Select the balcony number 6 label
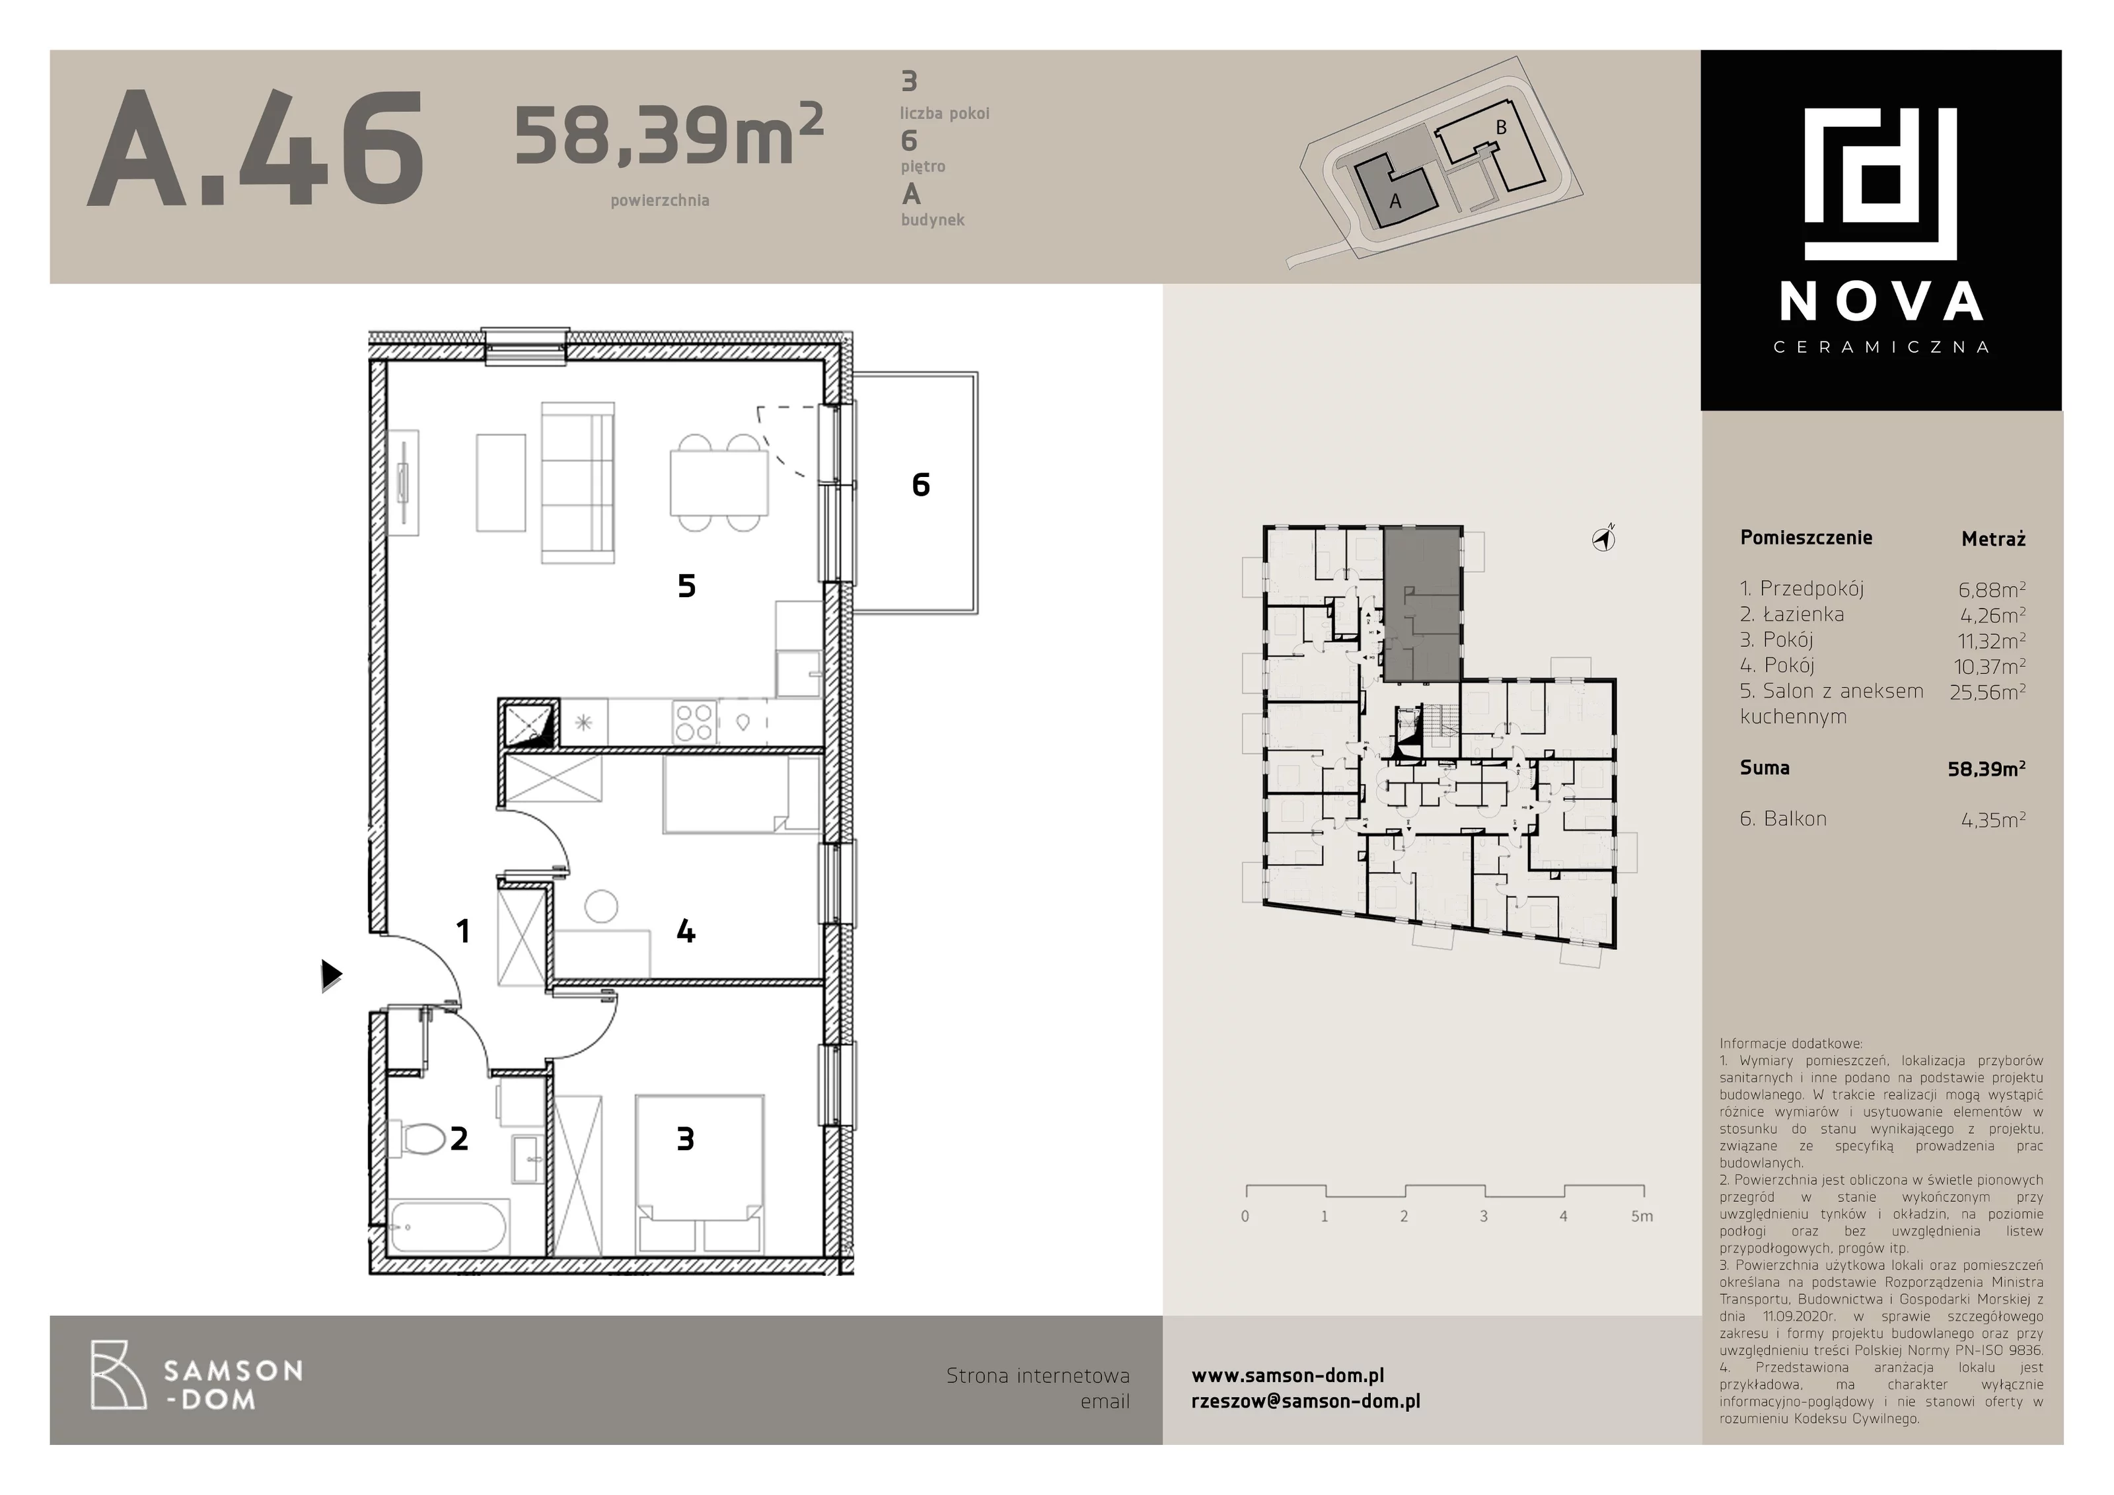point(921,484)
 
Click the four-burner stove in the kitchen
point(693,721)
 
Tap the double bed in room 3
point(700,1173)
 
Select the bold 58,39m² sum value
point(1986,768)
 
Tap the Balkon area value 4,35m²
point(1993,819)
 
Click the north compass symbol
point(1604,540)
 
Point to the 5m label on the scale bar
point(1642,1216)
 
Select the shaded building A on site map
point(1393,190)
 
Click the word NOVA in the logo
point(1881,301)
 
